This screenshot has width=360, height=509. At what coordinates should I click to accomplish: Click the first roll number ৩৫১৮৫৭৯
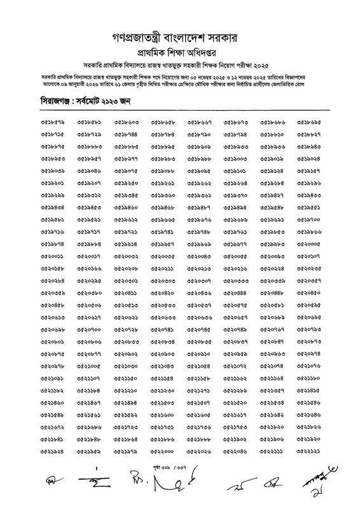[x=53, y=120]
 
